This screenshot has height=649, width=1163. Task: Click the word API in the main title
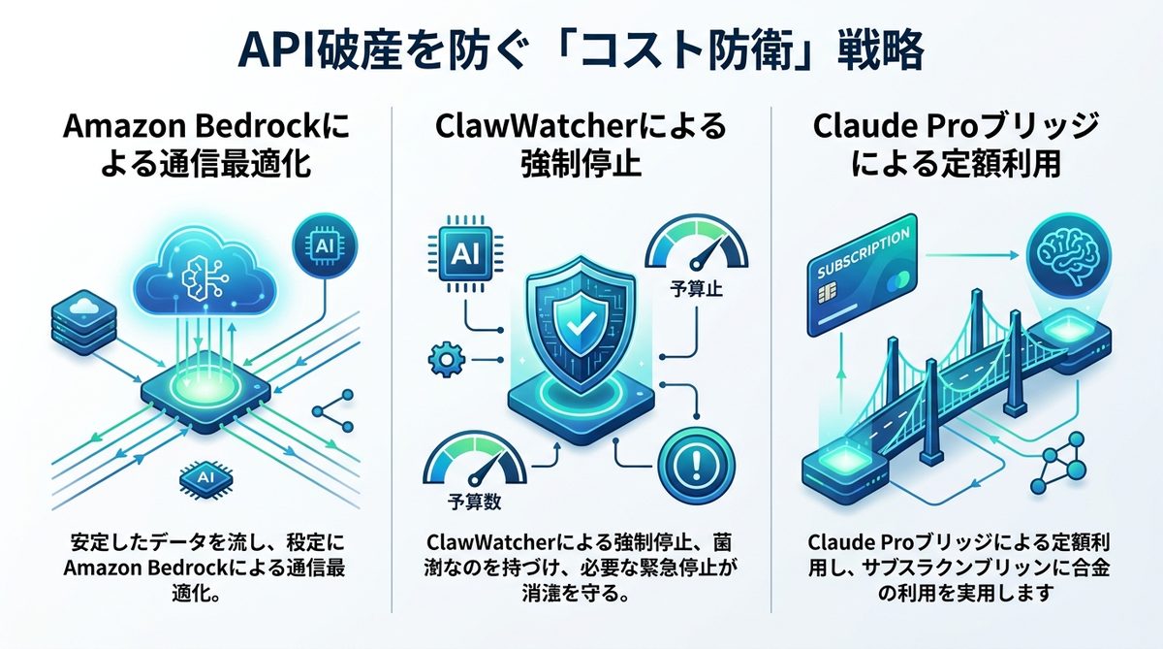point(273,51)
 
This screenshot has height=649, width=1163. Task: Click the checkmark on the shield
point(579,319)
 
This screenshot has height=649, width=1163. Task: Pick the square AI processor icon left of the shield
point(463,252)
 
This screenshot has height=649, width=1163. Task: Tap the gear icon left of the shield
point(441,362)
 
